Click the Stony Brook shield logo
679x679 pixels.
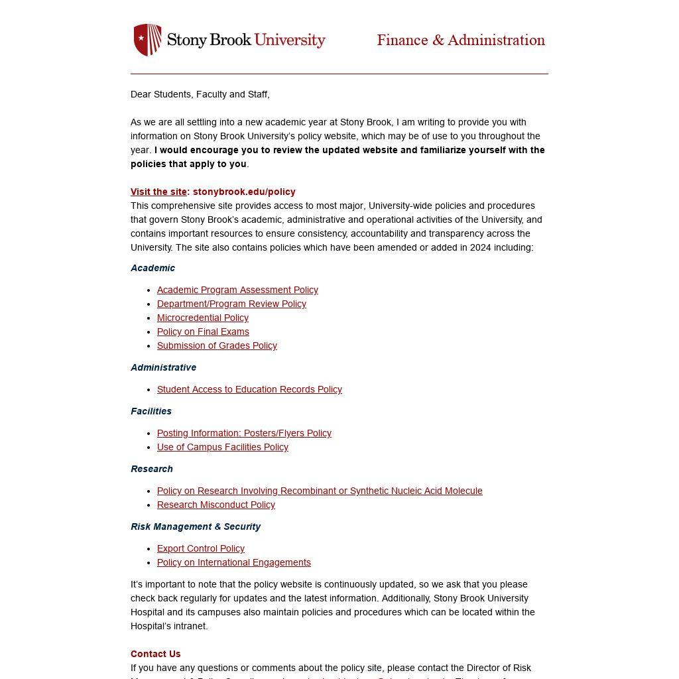pos(148,40)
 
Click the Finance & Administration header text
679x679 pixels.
pos(461,40)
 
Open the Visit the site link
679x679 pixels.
pos(159,192)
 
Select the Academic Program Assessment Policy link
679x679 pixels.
pos(237,290)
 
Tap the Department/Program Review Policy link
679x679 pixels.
pos(231,304)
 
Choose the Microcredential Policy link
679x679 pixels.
pos(203,318)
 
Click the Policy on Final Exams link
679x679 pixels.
pos(203,332)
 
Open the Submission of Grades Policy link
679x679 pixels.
pos(217,345)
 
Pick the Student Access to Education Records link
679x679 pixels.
pos(249,389)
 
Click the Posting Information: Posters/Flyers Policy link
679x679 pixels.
pos(244,433)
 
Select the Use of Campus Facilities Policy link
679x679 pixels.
pos(223,447)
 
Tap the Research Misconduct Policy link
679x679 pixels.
pos(216,505)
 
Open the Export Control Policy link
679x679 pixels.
pos(201,548)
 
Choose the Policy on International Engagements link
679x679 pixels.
pos(234,562)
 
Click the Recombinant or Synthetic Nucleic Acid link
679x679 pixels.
pos(320,491)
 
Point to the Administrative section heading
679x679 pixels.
pos(163,367)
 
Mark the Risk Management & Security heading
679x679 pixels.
pos(196,526)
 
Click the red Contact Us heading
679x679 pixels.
pos(156,654)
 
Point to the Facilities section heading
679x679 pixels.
pos(151,411)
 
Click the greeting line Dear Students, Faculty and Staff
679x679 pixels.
pos(200,94)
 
